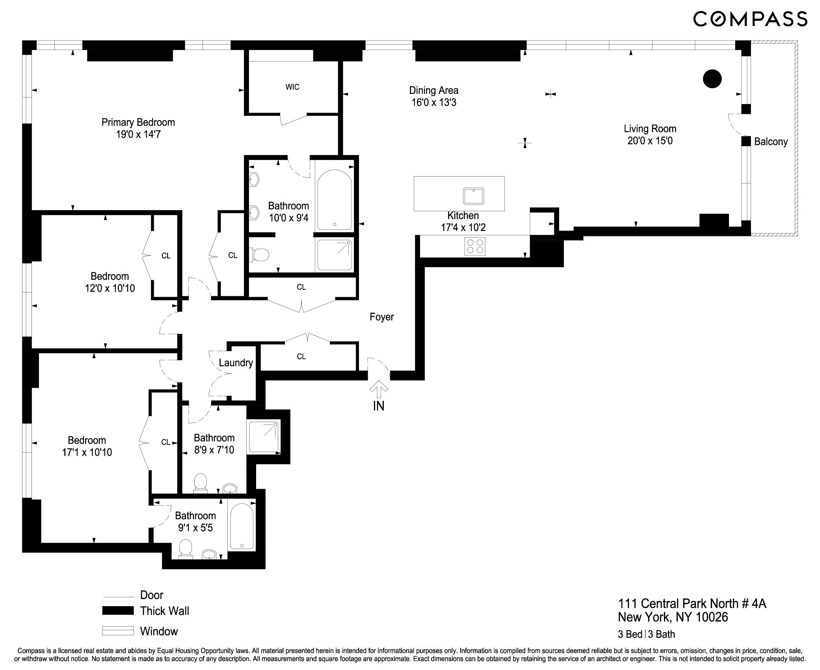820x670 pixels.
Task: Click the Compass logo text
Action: (750, 19)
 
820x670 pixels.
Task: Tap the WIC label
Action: (292, 87)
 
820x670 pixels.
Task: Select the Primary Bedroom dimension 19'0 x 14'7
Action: (138, 135)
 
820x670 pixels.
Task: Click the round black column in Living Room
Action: (712, 78)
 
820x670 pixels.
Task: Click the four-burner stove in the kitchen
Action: (475, 246)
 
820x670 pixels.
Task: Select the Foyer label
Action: (381, 317)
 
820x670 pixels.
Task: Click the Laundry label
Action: (236, 363)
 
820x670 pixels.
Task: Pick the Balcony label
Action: (771, 142)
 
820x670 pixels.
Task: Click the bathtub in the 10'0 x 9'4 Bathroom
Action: (335, 200)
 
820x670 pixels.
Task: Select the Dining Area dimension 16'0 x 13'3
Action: (434, 103)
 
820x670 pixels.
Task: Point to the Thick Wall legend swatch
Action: (118, 610)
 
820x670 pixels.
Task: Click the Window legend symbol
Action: (118, 631)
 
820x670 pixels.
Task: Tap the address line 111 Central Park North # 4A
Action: (692, 604)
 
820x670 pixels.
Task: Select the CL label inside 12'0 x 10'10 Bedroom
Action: (166, 256)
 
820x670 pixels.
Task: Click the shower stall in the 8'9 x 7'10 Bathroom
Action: (263, 437)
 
